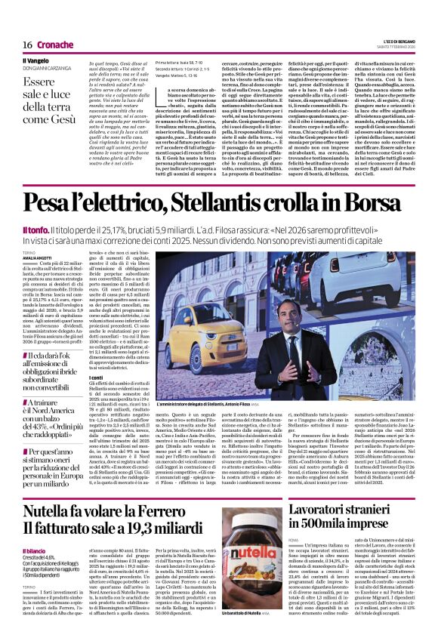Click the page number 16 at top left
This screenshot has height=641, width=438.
click(x=16, y=24)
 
